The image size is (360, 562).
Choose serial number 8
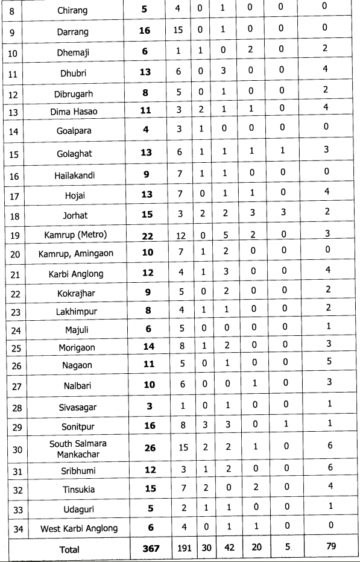[x=13, y=10]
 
